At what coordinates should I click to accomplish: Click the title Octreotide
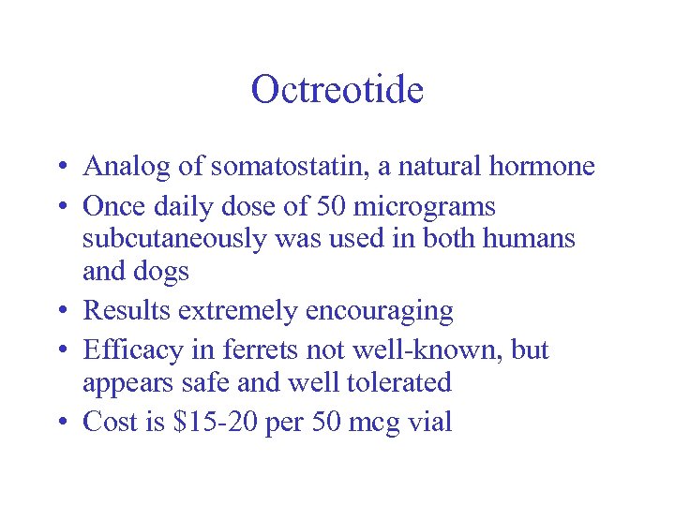pos(337,90)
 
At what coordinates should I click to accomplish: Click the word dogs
pos(162,273)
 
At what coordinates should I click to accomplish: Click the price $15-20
pos(217,423)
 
